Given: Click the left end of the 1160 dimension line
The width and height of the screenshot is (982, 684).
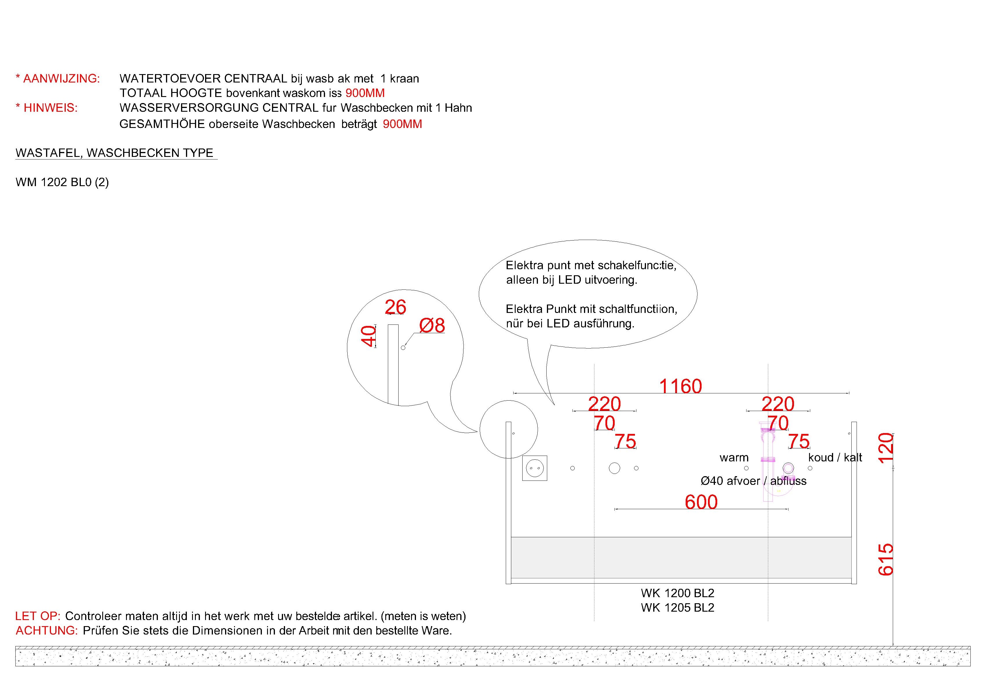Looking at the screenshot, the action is pos(514,393).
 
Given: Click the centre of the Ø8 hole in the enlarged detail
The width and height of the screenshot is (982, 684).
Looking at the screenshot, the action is pos(403,348).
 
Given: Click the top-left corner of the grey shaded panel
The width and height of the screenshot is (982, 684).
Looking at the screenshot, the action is pos(512,537).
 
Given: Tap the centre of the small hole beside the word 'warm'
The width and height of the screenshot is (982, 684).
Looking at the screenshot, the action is pos(746,468).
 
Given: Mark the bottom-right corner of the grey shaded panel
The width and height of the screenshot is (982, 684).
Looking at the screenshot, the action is pos(851,578).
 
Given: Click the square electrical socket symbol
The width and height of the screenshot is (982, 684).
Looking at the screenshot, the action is pos(535,468).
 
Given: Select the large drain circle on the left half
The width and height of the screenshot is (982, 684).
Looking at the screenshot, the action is pos(614,468).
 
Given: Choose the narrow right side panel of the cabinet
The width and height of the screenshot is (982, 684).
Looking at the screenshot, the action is pos(854,503).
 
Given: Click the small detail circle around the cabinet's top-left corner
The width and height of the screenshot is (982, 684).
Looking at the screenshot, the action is pos(509,430).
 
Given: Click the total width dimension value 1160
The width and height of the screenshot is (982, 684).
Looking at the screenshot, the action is pos(680,386).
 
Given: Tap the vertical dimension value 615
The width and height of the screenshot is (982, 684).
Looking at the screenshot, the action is pos(885,559).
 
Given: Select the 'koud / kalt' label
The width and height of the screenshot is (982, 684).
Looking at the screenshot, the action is pos(835,457).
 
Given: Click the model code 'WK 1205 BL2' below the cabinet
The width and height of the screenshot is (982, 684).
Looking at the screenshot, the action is pos(678,608).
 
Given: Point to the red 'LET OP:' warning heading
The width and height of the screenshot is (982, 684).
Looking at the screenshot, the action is pos(38,616).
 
